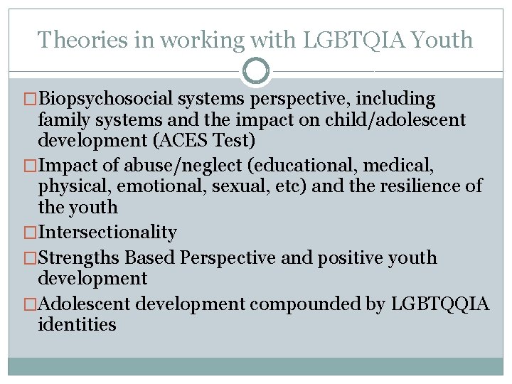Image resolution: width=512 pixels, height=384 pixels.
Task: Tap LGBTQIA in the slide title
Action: (x=336, y=39)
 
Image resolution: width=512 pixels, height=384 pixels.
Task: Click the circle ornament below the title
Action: (x=256, y=70)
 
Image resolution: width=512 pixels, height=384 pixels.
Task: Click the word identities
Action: (x=78, y=324)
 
